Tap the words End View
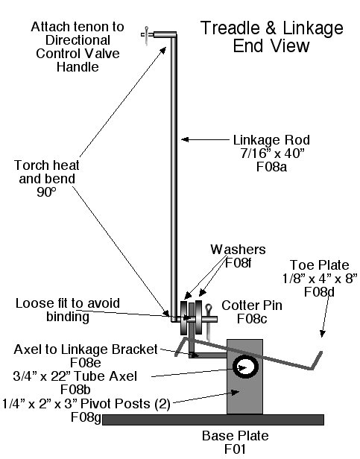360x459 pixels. click(x=272, y=46)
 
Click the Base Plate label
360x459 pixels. click(x=236, y=436)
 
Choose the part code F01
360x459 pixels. click(x=236, y=450)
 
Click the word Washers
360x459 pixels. click(x=238, y=249)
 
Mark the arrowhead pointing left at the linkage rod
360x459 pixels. click(x=186, y=139)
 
